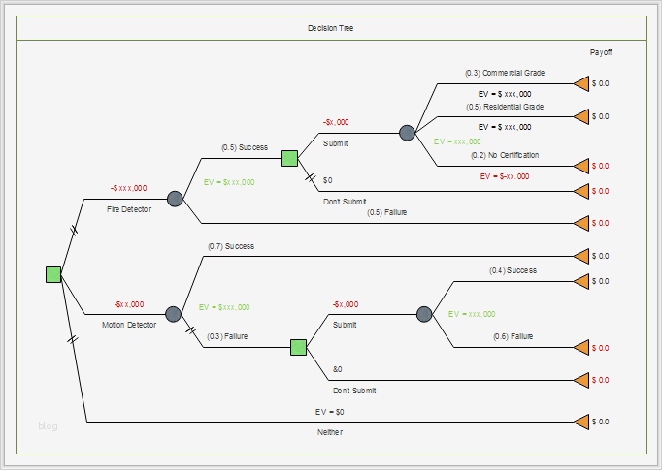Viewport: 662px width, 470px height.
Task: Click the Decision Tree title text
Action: (x=331, y=28)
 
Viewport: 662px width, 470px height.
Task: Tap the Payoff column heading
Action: (x=601, y=52)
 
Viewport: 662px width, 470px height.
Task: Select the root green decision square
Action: (x=53, y=274)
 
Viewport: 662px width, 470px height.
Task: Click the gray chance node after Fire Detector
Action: (x=175, y=199)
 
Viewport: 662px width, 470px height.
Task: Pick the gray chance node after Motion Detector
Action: (x=173, y=314)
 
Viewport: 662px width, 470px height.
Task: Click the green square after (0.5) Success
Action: (x=289, y=159)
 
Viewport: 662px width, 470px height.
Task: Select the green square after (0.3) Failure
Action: (x=299, y=347)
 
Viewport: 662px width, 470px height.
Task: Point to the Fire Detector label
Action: (x=129, y=209)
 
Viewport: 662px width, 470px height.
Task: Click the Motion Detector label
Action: (x=129, y=325)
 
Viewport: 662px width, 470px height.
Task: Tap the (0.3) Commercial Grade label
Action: (x=505, y=73)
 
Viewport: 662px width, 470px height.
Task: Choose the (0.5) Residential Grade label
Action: (x=505, y=107)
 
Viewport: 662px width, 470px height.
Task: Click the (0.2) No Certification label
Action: (x=505, y=155)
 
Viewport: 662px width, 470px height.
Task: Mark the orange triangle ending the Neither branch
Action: (x=581, y=422)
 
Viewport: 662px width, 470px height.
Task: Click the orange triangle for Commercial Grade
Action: (x=581, y=83)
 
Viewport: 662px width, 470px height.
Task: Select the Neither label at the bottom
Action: (x=330, y=432)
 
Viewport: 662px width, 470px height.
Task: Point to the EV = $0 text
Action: (x=329, y=412)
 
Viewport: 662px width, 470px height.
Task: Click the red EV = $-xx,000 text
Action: (x=505, y=176)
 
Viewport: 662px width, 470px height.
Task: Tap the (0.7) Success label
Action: (x=231, y=246)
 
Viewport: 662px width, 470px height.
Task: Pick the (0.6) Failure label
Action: (x=513, y=336)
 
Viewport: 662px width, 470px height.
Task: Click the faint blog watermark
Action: (x=48, y=425)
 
